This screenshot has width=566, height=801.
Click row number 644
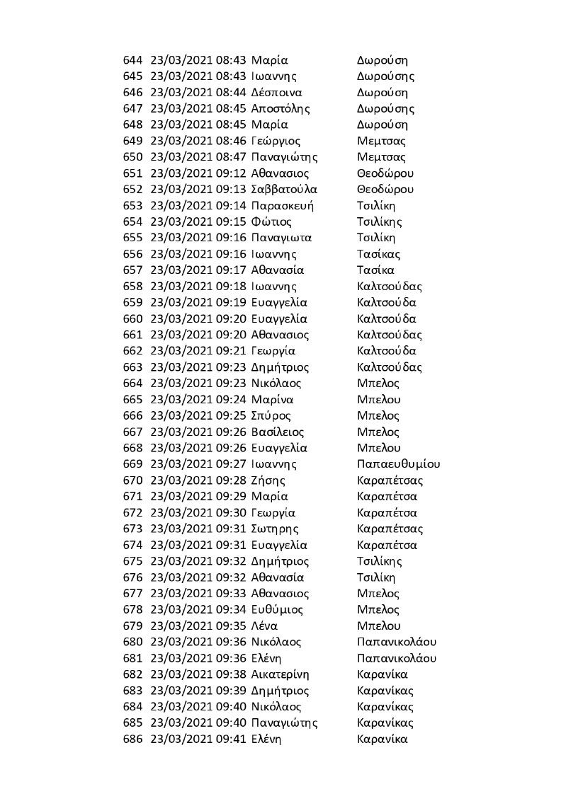click(x=132, y=60)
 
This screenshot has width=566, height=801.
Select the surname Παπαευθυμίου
click(x=399, y=464)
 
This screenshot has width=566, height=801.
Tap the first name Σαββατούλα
click(x=284, y=189)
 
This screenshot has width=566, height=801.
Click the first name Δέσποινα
click(x=277, y=93)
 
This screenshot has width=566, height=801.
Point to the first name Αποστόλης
click(x=281, y=108)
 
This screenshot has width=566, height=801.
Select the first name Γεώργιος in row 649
click(x=276, y=141)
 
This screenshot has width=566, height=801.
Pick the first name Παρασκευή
click(x=283, y=205)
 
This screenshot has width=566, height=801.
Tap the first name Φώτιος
click(x=271, y=221)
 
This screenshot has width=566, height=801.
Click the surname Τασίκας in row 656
click(x=380, y=254)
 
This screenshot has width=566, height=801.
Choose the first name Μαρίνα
click(x=273, y=400)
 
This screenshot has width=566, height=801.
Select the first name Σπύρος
click(x=271, y=415)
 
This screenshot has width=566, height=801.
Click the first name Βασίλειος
click(x=278, y=432)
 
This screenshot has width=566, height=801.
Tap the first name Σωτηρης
click(x=275, y=529)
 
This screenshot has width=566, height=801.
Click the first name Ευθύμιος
click(x=277, y=609)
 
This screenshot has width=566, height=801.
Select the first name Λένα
click(x=264, y=626)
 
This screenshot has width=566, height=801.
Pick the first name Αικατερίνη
click(x=281, y=674)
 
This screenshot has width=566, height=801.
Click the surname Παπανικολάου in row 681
click(x=397, y=658)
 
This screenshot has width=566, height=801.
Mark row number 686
click(x=132, y=739)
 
